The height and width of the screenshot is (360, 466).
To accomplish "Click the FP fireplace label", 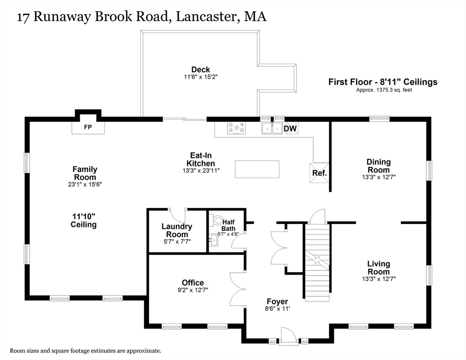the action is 88,127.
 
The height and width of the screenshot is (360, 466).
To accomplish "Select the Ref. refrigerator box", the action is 319,172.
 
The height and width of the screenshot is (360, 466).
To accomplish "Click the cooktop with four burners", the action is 237,128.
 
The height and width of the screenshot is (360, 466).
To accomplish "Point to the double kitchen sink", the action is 272,128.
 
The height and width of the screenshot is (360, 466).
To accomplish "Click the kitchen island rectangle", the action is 257,169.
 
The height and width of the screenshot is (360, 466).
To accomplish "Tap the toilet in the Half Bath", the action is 218,221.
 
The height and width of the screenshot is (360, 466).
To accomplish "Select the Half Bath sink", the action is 214,240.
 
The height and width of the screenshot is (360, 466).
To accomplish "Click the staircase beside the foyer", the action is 317,262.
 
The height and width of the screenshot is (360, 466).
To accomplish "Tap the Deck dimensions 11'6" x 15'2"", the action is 201,77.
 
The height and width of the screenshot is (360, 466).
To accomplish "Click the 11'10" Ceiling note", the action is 83,220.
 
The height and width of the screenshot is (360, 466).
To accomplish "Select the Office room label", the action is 193,282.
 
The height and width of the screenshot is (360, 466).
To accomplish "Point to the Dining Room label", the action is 378,166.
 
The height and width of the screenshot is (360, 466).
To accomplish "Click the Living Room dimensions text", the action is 379,279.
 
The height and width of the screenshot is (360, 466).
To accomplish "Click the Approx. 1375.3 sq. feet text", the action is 384,90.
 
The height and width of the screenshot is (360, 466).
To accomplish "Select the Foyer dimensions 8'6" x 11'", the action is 277,309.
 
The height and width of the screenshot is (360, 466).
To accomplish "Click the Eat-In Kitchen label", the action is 201,159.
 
